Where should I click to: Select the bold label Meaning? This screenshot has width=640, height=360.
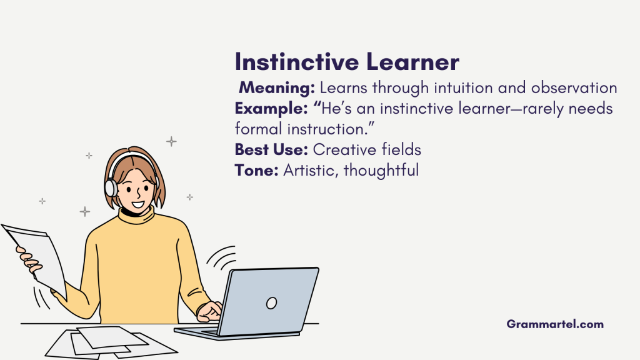pyautogui.click(x=277, y=88)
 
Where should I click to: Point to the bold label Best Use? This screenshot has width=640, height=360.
pyautogui.click(x=271, y=150)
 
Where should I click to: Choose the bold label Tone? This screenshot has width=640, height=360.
pyautogui.click(x=256, y=170)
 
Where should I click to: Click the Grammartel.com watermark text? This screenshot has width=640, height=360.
pyautogui.click(x=555, y=324)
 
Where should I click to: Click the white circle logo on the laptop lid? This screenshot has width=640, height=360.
pyautogui.click(x=271, y=303)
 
